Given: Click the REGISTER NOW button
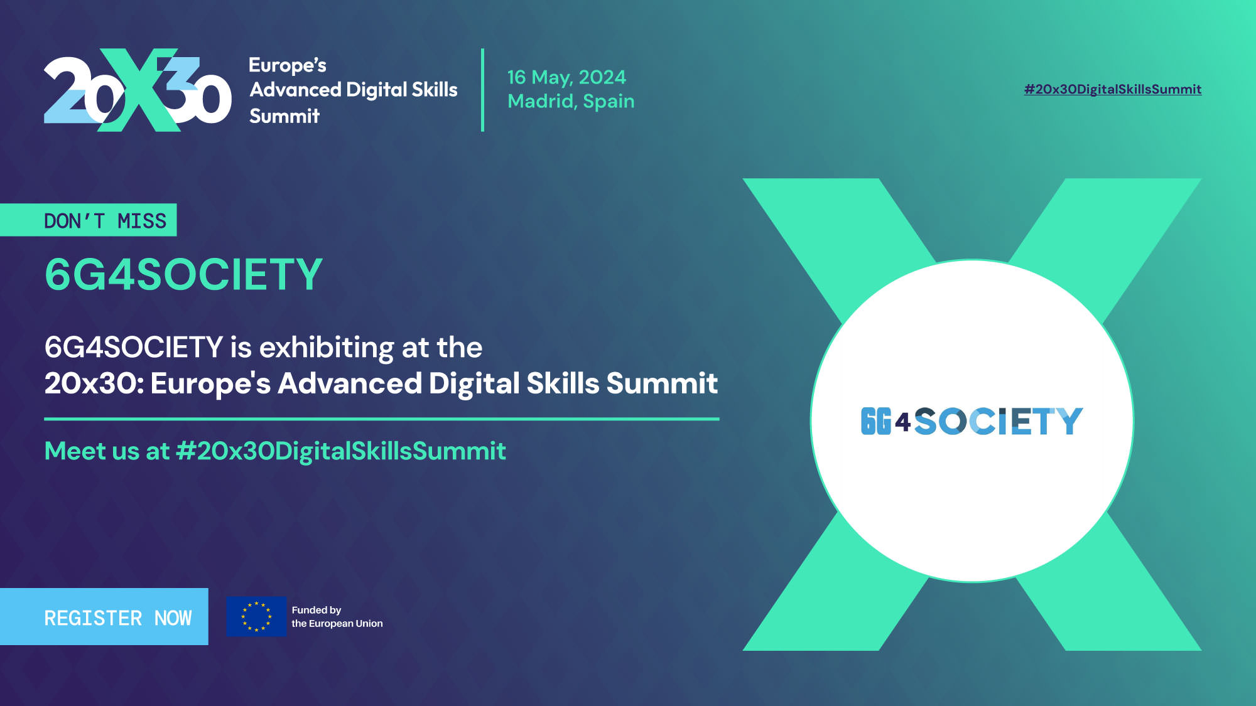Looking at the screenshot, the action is pos(104,616).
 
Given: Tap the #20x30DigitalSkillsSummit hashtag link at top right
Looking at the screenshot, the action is pos(1112,89).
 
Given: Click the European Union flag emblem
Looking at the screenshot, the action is pos(256,616).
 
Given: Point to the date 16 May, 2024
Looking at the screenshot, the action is pos(566,77).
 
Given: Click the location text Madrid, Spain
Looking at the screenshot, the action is pos(571,101).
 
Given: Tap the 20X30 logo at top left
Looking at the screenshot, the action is pos(138,90).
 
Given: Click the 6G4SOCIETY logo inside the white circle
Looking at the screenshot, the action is pos(972,421).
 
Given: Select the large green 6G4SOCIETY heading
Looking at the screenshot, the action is pos(183,274).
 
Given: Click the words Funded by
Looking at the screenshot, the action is pos(317,610).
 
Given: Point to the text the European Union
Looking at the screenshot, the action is pos(337,623).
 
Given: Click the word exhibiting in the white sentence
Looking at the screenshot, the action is pos(327,347).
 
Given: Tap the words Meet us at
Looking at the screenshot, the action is pos(107,451).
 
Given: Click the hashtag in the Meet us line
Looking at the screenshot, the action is pos(341,451).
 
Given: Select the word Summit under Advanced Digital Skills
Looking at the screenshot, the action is pos(284,116).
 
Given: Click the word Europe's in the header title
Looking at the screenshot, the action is pos(288,65).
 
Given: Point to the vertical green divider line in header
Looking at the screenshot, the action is pos(482,90).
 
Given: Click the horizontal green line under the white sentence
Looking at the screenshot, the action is pos(382,419).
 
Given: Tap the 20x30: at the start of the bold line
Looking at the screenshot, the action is pos(94,383).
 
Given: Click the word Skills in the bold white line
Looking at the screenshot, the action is pos(563,383).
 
